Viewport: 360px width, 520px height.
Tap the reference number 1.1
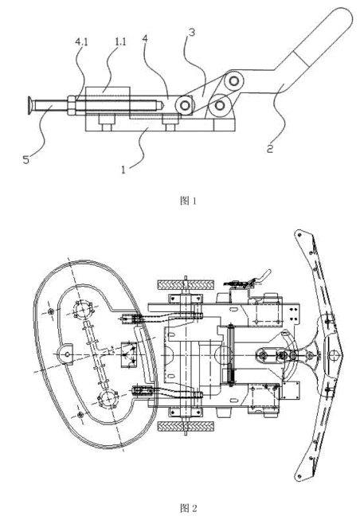pos(120,41)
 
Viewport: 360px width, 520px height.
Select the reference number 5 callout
pos(25,160)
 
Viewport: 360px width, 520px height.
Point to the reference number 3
pos(191,33)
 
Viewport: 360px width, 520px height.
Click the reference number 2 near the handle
pos(271,148)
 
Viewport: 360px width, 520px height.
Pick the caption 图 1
pos(188,201)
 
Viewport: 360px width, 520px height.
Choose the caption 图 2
pos(188,508)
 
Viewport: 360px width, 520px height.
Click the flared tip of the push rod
pos(30,104)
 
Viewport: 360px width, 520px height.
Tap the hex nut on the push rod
pos(72,105)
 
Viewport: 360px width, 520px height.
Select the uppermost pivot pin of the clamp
pos(234,81)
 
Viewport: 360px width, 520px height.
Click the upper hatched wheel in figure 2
pos(186,284)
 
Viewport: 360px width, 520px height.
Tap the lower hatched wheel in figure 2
pos(186,426)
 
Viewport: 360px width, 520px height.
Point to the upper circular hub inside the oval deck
pos(84,310)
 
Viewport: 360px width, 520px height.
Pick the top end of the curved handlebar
pos(299,234)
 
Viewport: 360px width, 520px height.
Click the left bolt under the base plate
pos(106,123)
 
